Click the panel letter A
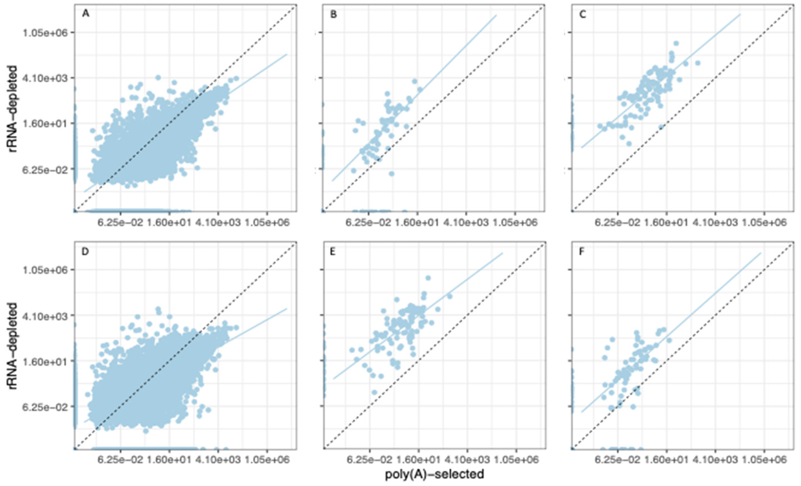[x=86, y=14]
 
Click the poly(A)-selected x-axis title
[x=434, y=474]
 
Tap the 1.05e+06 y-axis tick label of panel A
[x=46, y=33]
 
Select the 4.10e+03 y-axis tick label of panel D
[x=46, y=316]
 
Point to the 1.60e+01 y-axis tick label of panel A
[x=46, y=124]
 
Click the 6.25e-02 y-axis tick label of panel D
[x=46, y=407]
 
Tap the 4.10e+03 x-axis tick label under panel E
[x=467, y=460]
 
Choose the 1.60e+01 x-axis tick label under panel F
[x=667, y=460]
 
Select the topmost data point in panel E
[x=428, y=278]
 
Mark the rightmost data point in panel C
[x=697, y=63]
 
